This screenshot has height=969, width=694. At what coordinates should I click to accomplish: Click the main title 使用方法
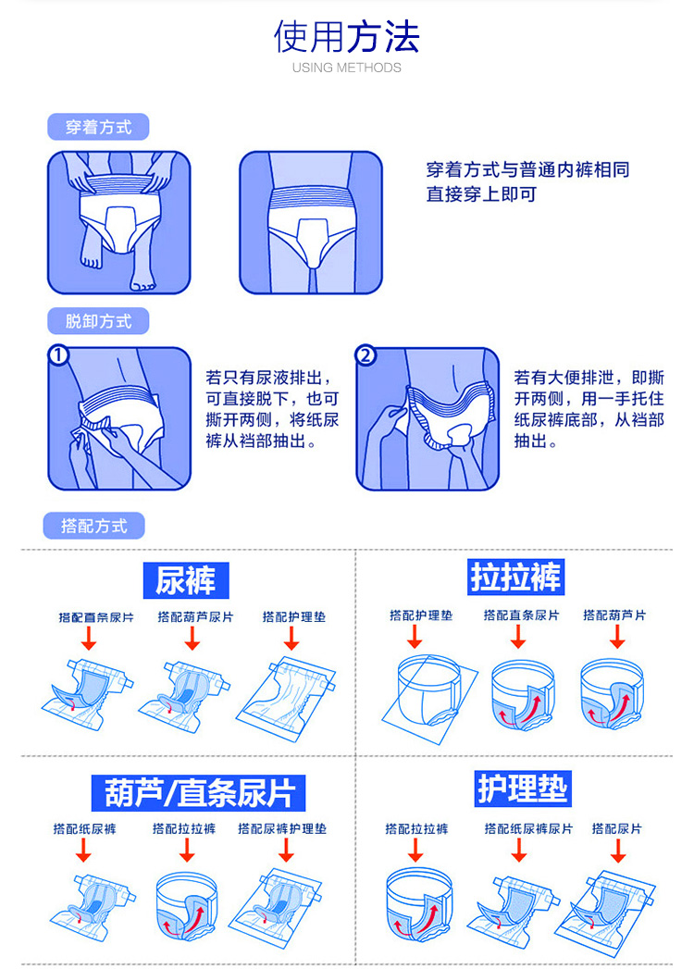coord(347,36)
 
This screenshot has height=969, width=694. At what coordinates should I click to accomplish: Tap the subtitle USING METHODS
coord(347,68)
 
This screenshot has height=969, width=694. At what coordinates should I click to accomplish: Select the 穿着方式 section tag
coord(98,128)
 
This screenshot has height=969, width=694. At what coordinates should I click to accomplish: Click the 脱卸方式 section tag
coord(98,321)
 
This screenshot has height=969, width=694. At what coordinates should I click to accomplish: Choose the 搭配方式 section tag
coord(94,526)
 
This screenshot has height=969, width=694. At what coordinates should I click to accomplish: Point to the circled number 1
coord(58,356)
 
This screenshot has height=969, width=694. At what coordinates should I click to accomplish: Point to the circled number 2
coord(366,356)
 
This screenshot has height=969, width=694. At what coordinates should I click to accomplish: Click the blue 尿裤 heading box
coord(186,580)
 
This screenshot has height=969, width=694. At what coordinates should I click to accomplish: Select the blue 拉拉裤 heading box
coord(516,578)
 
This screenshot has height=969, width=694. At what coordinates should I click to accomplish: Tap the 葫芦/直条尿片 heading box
coord(198,793)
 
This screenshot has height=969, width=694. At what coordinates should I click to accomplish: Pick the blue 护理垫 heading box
coord(523,789)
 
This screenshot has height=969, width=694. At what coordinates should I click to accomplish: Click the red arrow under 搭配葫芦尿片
coord(192,638)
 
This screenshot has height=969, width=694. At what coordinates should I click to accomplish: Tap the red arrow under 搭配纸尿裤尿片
coord(519,850)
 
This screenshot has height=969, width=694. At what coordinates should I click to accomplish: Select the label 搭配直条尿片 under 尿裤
coord(96,617)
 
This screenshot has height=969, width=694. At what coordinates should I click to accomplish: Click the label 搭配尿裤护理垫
coord(282,828)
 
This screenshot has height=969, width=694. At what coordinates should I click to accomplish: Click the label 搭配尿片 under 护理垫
coord(617,828)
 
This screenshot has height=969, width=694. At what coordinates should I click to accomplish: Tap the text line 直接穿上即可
coord(481,194)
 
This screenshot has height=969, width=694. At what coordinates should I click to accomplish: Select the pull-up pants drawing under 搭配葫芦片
coord(613,693)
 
